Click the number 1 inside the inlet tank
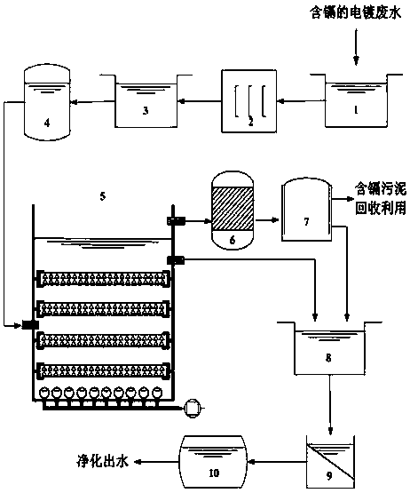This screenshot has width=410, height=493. click(x=356, y=110)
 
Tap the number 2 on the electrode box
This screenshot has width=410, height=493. click(x=250, y=122)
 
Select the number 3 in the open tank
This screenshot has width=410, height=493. click(x=146, y=111)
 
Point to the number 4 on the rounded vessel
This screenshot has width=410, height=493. click(x=47, y=123)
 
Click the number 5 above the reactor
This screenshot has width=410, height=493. click(x=103, y=196)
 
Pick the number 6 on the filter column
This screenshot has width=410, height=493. click(x=233, y=240)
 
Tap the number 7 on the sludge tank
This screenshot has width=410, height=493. click(x=306, y=222)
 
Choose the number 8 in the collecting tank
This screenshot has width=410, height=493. click(x=328, y=358)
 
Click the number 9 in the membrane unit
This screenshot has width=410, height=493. click(x=329, y=476)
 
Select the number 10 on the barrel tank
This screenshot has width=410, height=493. click(x=214, y=473)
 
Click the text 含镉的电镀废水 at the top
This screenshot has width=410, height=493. click(x=356, y=14)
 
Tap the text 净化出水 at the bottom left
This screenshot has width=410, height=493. click(x=103, y=462)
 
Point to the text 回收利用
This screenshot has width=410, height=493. click(x=381, y=208)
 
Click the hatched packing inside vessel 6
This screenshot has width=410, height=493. click(x=233, y=209)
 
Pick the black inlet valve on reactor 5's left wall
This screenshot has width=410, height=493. click(x=30, y=325)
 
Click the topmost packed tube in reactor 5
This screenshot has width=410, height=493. click(x=103, y=279)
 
